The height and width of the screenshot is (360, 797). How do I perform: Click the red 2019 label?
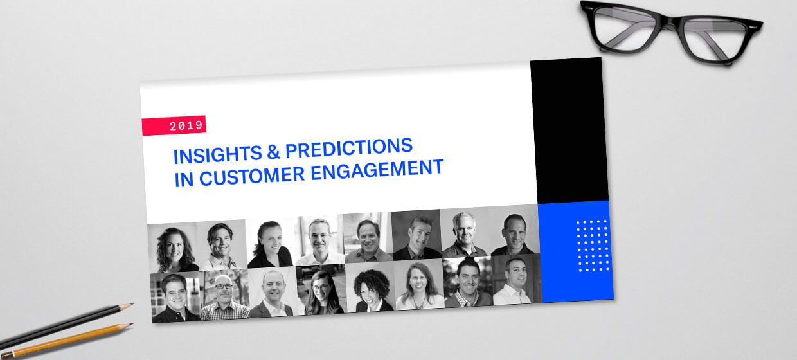(174, 125)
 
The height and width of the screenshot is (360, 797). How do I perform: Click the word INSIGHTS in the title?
(218, 155)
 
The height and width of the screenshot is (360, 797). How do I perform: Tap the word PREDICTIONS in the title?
(349, 148)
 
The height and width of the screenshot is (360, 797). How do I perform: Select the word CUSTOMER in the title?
(252, 175)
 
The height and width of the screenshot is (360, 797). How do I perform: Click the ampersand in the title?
(273, 152)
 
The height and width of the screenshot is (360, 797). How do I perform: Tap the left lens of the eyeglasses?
(625, 28)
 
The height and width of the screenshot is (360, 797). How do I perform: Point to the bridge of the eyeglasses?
(670, 22)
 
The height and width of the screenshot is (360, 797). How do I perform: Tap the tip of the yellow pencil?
(132, 324)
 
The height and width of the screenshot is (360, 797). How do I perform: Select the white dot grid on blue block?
(593, 246)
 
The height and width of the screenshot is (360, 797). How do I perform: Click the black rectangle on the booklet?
(569, 131)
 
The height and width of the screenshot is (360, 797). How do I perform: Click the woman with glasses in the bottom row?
(323, 292)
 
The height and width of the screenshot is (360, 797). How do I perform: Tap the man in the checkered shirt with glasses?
(224, 297)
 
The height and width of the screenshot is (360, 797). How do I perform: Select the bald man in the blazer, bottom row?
(272, 294)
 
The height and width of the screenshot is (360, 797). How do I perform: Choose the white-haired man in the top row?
(464, 235)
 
